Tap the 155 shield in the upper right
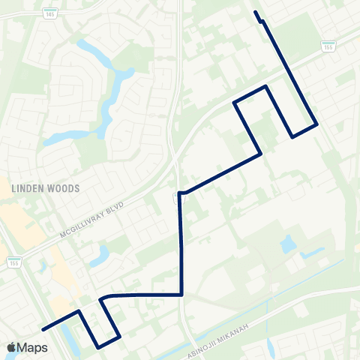click(x=328, y=46)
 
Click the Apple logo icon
click(x=13, y=347)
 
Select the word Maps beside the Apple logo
click(x=34, y=347)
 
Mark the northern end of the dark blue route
click(x=256, y=12)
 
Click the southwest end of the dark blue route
click(x=43, y=328)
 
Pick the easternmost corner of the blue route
click(x=316, y=124)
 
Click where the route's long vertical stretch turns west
click(x=181, y=295)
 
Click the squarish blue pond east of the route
click(x=288, y=244)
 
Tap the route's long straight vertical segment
click(x=181, y=244)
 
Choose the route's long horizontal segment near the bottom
click(x=142, y=295)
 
